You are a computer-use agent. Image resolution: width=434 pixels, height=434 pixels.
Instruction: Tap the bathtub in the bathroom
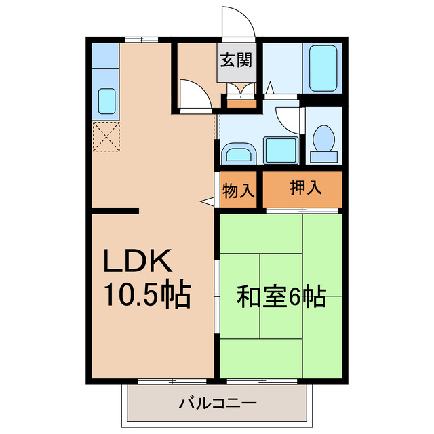click(x=322, y=68)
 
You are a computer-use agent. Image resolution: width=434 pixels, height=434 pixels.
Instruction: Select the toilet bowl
click(x=323, y=141)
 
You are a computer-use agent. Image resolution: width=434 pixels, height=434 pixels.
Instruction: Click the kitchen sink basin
click(x=106, y=100)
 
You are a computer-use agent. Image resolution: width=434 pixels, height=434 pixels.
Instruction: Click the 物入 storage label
click(x=238, y=192)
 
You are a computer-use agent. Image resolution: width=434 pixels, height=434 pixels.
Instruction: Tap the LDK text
click(x=139, y=262)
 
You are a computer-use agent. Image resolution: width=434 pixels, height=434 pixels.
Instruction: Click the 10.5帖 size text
click(x=146, y=294)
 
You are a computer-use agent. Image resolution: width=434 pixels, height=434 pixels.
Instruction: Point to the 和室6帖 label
click(x=281, y=296)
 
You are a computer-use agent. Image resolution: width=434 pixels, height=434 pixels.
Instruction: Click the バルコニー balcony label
click(x=217, y=404)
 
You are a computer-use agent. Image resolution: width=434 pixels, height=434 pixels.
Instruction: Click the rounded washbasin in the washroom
click(x=238, y=153)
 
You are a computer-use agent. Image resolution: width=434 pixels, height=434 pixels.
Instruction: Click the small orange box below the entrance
click(x=241, y=103)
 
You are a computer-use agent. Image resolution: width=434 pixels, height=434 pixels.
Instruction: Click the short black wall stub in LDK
click(x=115, y=211)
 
